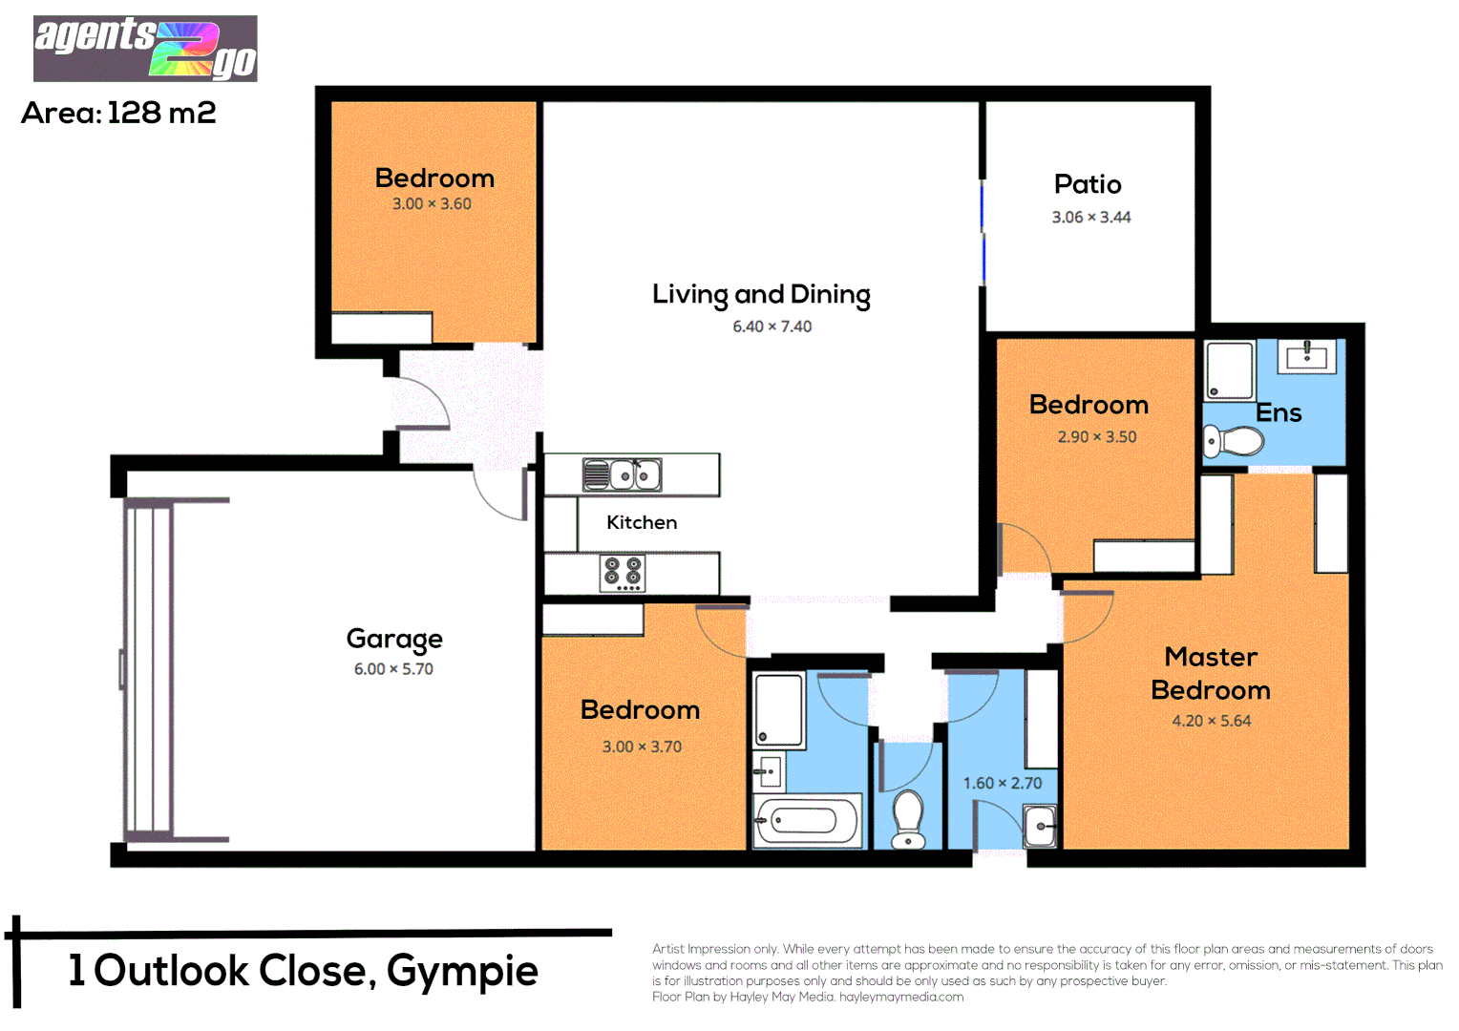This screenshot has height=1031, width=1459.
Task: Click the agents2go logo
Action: (x=145, y=48)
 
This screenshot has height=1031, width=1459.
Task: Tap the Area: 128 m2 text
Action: (x=118, y=113)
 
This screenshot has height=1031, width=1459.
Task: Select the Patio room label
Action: (x=1088, y=184)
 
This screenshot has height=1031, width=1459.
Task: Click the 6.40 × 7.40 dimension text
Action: (x=772, y=326)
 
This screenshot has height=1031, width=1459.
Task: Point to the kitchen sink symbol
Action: (x=623, y=474)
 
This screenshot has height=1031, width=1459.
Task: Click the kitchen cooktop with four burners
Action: (x=622, y=573)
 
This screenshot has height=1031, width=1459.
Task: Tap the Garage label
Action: (x=393, y=639)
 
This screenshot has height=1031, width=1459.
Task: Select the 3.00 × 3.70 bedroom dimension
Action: (x=642, y=747)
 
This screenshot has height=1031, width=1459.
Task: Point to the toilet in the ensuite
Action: (x=1234, y=442)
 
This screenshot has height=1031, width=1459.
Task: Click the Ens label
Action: (x=1279, y=413)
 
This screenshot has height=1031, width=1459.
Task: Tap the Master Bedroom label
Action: (x=1211, y=673)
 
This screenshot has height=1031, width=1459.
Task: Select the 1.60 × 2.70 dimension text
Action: (x=1002, y=783)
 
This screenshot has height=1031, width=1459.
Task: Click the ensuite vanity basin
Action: (x=1306, y=357)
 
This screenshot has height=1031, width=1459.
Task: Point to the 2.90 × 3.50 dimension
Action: (x=1096, y=436)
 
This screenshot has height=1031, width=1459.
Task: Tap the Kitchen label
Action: (x=642, y=522)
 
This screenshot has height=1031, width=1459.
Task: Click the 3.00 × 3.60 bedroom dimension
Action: (x=432, y=203)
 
